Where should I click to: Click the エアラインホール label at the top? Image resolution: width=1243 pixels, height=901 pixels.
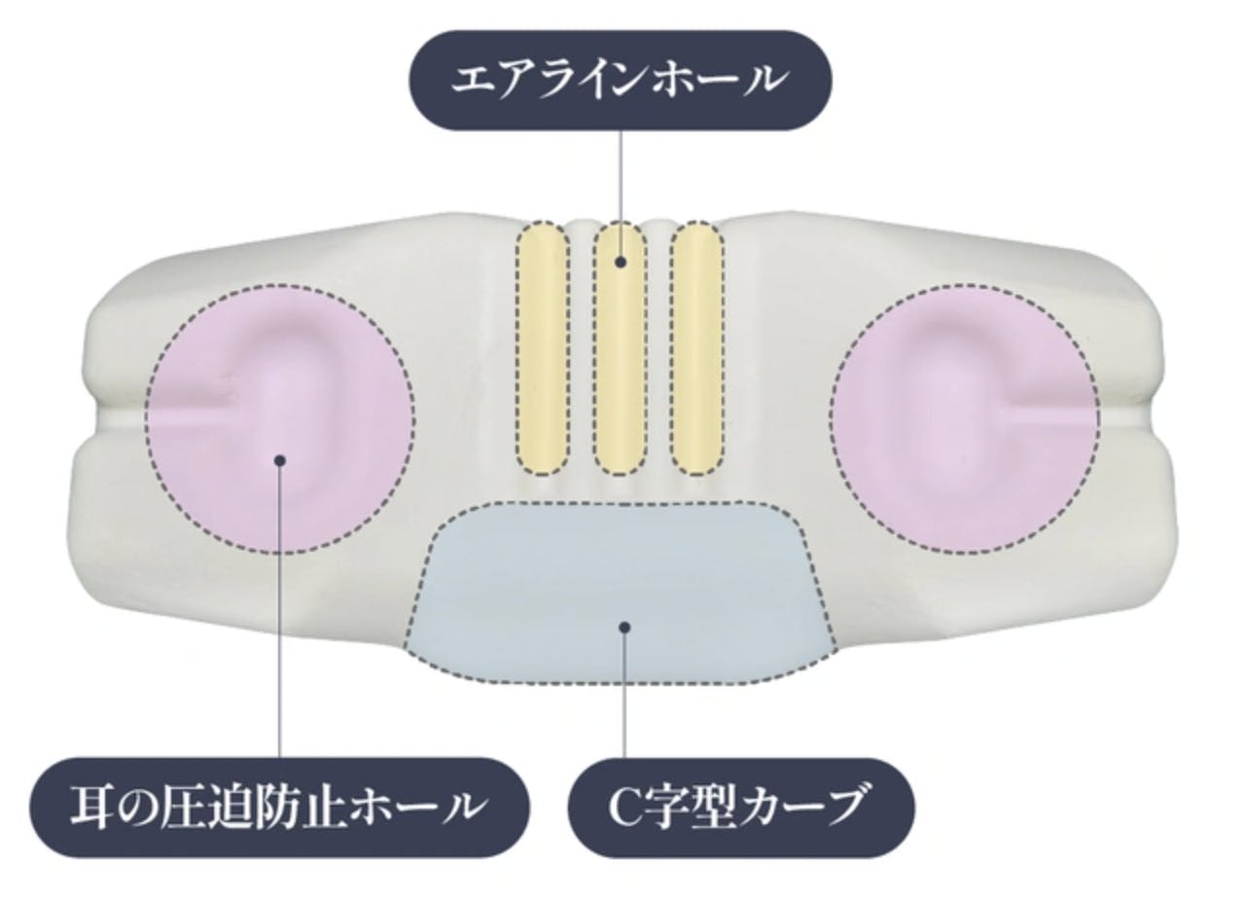pos(621,80)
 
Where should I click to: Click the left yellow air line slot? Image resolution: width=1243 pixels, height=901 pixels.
pos(543,348)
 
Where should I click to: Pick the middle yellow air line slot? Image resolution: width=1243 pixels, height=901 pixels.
pos(620,348)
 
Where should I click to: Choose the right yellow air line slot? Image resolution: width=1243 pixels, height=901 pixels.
pos(697,348)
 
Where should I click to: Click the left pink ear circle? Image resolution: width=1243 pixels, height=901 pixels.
pos(280,419)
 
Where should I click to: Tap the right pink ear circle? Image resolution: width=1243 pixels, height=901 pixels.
pos(965,419)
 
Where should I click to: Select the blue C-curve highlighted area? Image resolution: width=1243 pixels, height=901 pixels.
pos(621,592)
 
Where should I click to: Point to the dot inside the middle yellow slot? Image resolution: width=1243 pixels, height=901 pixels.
pos(621,262)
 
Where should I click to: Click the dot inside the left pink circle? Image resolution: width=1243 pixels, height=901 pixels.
pos(280,460)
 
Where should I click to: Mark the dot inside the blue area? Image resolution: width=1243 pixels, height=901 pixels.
pos(624,627)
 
